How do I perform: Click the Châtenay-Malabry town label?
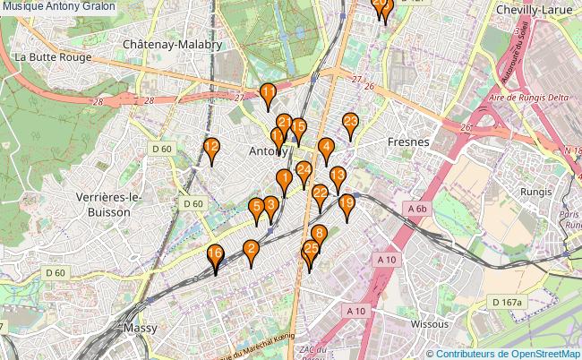pos(172,44)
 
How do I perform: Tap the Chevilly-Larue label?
pos(535,10)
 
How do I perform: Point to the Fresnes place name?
pos(409,142)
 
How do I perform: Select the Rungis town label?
pos(536,192)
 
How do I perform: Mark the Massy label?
pos(140,329)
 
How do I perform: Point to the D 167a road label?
pos(506,303)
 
